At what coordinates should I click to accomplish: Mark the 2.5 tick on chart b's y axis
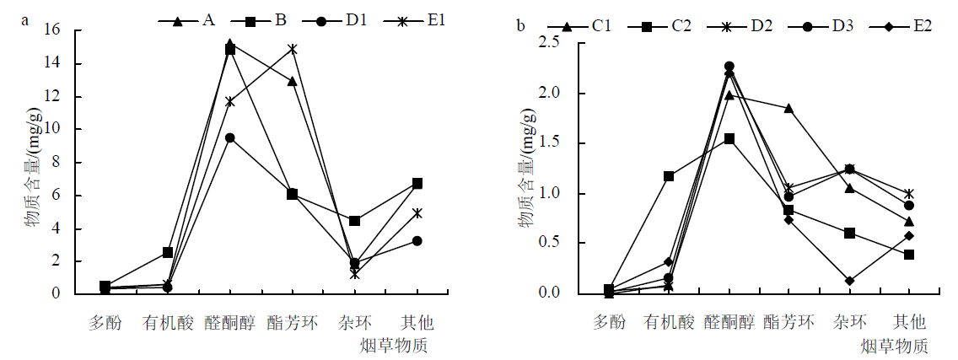click(557, 44)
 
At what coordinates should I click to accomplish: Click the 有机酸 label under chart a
click(167, 323)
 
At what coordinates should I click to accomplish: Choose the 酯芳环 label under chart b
click(788, 321)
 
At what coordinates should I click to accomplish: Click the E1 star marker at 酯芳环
click(293, 50)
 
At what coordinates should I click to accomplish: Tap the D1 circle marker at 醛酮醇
click(229, 137)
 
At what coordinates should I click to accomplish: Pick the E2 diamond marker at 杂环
click(849, 281)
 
